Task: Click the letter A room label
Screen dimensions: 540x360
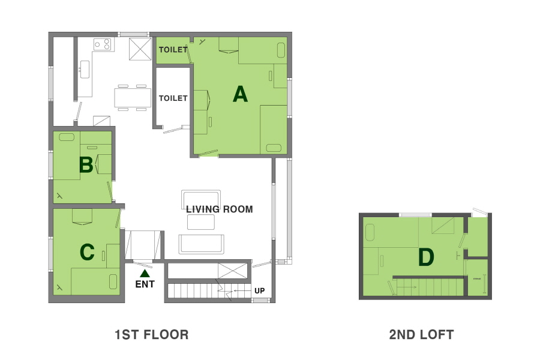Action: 240,94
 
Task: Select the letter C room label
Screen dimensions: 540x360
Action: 87,252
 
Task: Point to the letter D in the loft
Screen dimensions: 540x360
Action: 425,257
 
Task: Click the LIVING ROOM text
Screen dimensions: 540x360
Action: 220,209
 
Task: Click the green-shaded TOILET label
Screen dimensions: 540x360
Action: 173,50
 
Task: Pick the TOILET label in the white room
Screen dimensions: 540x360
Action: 173,98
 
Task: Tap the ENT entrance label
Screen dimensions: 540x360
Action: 145,284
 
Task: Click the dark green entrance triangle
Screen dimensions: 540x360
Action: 145,274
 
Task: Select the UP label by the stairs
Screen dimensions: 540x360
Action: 260,291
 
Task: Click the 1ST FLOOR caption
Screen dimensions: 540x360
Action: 152,335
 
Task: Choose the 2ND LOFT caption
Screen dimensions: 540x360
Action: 422,335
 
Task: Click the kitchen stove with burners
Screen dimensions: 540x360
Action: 102,44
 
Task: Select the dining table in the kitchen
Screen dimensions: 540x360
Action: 133,97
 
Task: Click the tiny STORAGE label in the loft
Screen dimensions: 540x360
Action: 477,278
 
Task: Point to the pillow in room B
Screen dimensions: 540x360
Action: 67,137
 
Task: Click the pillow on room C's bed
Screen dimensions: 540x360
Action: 113,281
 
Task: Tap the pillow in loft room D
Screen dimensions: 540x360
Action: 370,233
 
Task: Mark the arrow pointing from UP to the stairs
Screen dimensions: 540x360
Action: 242,291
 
